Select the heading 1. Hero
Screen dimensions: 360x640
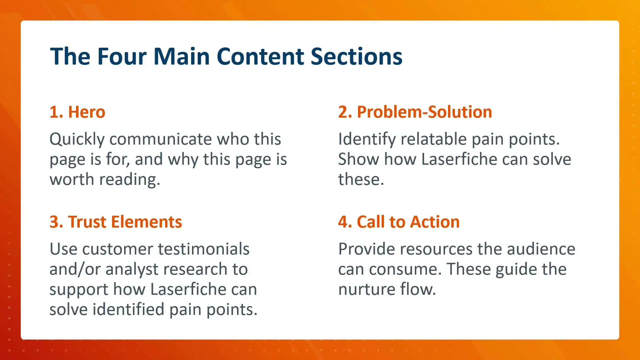click(x=77, y=112)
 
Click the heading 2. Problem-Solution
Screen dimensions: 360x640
click(x=415, y=112)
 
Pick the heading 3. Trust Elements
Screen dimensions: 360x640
click(x=116, y=222)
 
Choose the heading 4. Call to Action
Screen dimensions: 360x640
click(x=399, y=222)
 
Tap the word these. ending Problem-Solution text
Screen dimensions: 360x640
click(x=361, y=180)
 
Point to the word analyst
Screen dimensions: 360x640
click(x=132, y=269)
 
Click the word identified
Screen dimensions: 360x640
click(x=129, y=310)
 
